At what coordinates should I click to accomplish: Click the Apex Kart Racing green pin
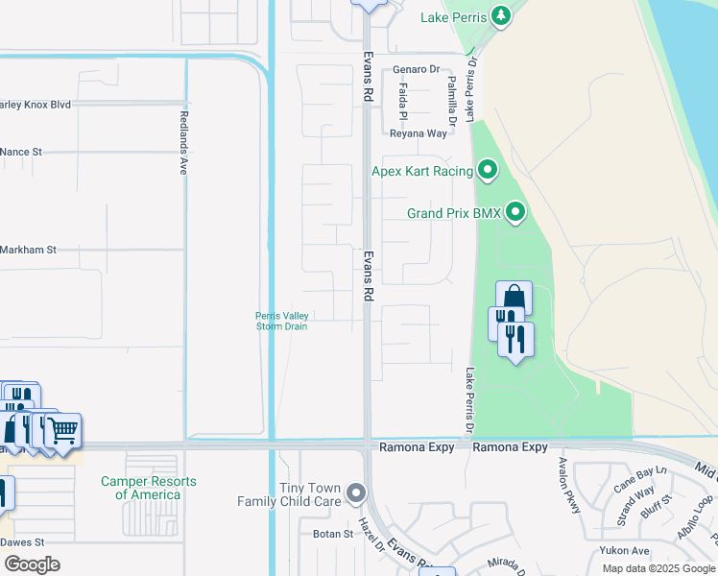pos(488,172)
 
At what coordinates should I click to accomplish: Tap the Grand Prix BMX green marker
pos(515,212)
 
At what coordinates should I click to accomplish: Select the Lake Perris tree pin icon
pos(500,16)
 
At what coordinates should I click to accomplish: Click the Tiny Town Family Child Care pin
pos(357,494)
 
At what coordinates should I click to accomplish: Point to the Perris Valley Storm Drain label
pos(281,321)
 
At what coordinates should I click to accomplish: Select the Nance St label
pos(22,152)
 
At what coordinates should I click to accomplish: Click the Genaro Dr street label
pos(416,70)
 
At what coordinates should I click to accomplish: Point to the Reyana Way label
pos(418,134)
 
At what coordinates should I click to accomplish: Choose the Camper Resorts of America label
pos(148,488)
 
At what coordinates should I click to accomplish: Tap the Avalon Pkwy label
pos(570,484)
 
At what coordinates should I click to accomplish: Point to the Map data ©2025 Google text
pos(658,568)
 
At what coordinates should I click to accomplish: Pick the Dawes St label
pos(21,541)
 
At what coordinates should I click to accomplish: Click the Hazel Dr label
pos(371,532)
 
